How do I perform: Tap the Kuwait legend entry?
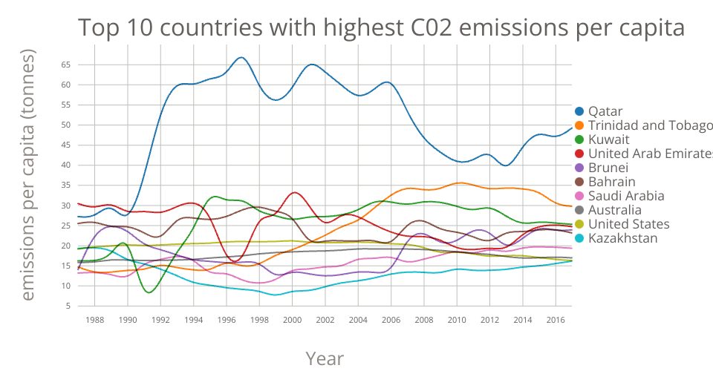pyautogui.click(x=608, y=139)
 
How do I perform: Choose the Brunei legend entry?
pyautogui.click(x=608, y=168)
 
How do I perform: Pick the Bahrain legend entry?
pyautogui.click(x=611, y=182)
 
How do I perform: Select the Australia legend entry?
pyautogui.click(x=614, y=210)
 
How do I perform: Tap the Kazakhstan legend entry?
pyautogui.click(x=622, y=238)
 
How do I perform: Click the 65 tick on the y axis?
pyautogui.click(x=65, y=65)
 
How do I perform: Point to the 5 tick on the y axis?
pyautogui.click(x=68, y=306)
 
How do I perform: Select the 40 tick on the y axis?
pyautogui.click(x=65, y=165)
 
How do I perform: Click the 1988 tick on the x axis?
pyautogui.click(x=95, y=319)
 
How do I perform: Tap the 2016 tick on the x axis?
pyautogui.click(x=555, y=319)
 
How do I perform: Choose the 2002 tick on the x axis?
pyautogui.click(x=325, y=319)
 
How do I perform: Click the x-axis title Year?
pyautogui.click(x=325, y=359)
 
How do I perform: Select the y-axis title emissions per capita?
pyautogui.click(x=27, y=175)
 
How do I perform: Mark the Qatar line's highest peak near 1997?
pyautogui.click(x=241, y=57)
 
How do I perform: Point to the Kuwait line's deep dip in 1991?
pyautogui.click(x=149, y=292)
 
